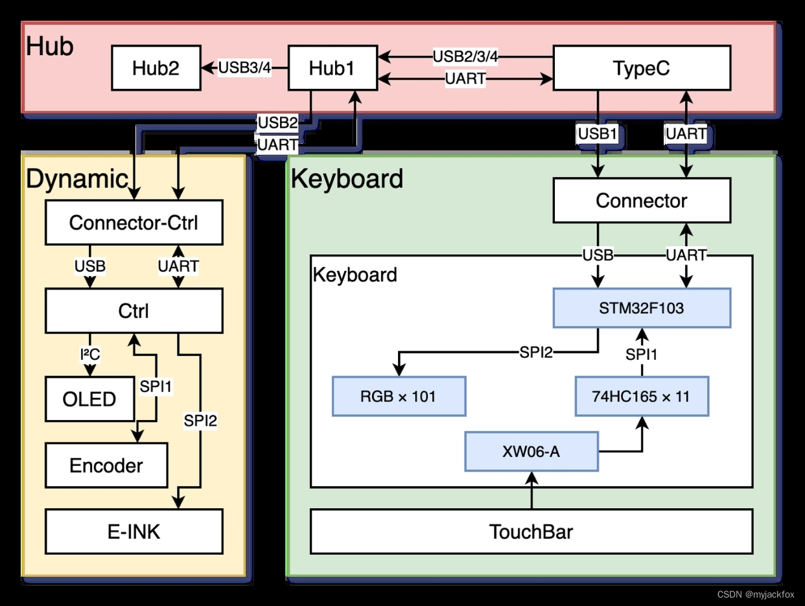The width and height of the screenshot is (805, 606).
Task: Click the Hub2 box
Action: pyautogui.click(x=156, y=68)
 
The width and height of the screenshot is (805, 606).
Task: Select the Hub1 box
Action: pyautogui.click(x=331, y=68)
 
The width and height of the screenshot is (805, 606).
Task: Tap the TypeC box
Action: pyautogui.click(x=642, y=68)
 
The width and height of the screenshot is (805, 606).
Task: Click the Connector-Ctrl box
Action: pyautogui.click(x=134, y=222)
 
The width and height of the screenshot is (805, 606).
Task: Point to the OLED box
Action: pyautogui.click(x=89, y=399)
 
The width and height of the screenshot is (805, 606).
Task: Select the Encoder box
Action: pyautogui.click(x=106, y=465)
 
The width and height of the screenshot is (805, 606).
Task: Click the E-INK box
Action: pyautogui.click(x=134, y=532)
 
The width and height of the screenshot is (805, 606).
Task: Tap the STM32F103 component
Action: pyautogui.click(x=642, y=309)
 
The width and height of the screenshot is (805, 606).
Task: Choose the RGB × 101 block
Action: pyautogui.click(x=399, y=396)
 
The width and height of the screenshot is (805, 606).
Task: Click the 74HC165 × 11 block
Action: pyautogui.click(x=642, y=396)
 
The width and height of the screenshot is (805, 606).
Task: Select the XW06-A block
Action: pyautogui.click(x=531, y=451)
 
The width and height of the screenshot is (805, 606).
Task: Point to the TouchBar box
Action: pyautogui.click(x=531, y=531)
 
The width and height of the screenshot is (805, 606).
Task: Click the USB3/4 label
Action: pyautogui.click(x=244, y=67)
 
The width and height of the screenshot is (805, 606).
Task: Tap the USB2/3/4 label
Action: pyautogui.click(x=465, y=56)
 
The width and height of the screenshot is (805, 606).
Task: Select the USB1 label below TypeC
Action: pyautogui.click(x=597, y=134)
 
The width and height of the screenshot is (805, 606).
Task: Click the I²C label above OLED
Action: pyautogui.click(x=89, y=354)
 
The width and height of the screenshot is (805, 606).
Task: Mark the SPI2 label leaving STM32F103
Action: pyautogui.click(x=536, y=353)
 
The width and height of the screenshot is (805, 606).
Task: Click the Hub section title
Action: pyautogui.click(x=50, y=47)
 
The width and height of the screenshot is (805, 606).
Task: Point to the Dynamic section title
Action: pyautogui.click(x=76, y=179)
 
